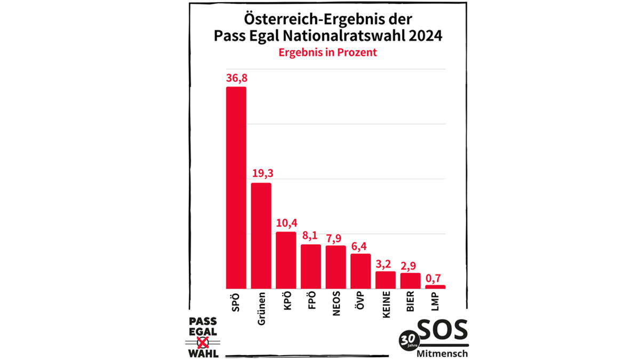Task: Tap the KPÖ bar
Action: pyautogui.click(x=286, y=260)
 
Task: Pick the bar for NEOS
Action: pyautogui.click(x=335, y=267)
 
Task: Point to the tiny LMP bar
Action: pyautogui.click(x=435, y=287)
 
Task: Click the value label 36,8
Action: pyautogui.click(x=236, y=78)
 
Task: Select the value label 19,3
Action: pyautogui.click(x=261, y=174)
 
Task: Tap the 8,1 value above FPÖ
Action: pyautogui.click(x=311, y=236)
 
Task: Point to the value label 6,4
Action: pyautogui.click(x=361, y=245)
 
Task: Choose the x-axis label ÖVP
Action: pyautogui.click(x=361, y=302)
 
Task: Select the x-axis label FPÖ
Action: pyautogui.click(x=311, y=302)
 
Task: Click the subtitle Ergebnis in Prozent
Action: pyautogui.click(x=327, y=53)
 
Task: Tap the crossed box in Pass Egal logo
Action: pyautogui.click(x=203, y=342)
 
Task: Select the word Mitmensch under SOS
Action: pyautogui.click(x=443, y=354)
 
